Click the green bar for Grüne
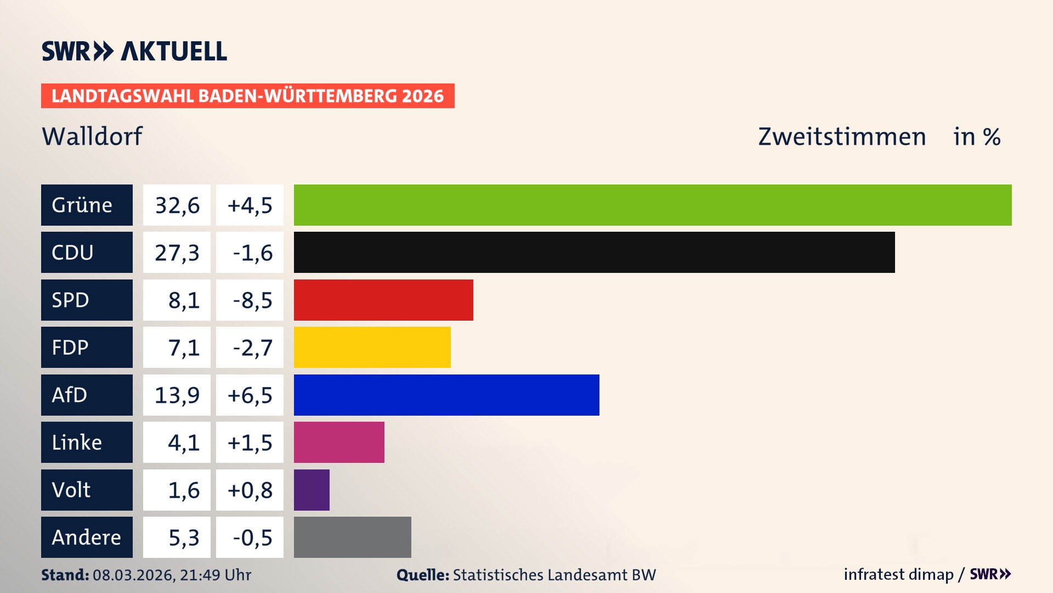653,205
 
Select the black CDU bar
594,253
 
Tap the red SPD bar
383,300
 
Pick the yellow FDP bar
372,347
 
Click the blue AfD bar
446,395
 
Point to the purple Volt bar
312,490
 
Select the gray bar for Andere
352,537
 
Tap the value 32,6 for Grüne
177,205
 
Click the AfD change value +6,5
250,395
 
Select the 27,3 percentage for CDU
177,253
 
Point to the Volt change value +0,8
250,490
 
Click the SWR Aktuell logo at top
134,51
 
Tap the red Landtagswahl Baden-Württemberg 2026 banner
247,96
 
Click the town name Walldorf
92,136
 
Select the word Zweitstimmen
842,137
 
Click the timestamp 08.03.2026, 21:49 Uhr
172,575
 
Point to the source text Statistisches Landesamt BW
554,575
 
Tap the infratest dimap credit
898,574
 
